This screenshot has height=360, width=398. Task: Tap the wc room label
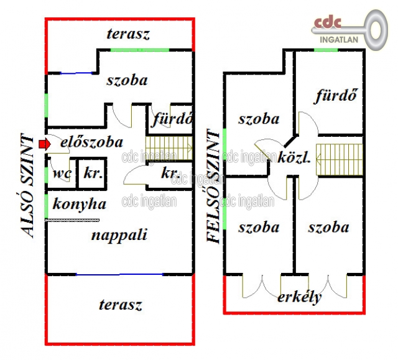61,173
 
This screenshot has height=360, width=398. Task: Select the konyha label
79,204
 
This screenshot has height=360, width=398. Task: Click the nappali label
119,234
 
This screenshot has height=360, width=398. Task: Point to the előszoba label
91,142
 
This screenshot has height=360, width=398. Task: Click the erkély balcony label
300,297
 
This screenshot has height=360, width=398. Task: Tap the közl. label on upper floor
294,158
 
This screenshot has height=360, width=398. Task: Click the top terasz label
127,34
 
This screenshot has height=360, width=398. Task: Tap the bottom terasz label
120,305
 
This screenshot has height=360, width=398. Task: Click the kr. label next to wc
93,173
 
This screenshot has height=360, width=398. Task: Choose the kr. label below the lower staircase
170,173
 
